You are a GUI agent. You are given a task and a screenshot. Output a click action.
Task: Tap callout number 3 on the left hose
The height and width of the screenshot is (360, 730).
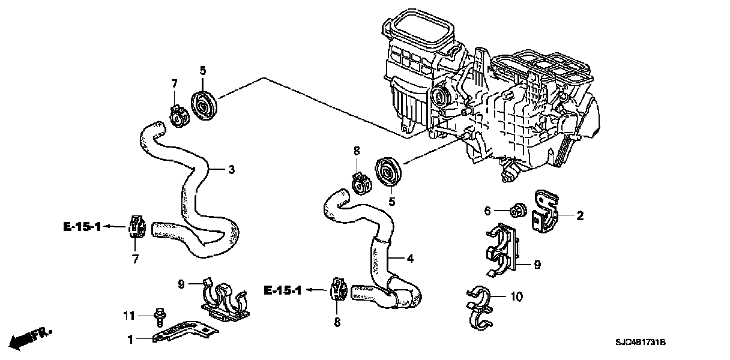tap(231, 170)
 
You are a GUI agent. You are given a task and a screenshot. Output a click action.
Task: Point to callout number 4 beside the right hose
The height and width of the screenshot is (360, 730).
tap(410, 259)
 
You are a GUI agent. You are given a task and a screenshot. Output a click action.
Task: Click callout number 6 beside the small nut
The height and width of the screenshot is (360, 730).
tap(487, 210)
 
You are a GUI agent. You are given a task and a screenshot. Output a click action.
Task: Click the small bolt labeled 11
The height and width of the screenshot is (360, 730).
tap(160, 314)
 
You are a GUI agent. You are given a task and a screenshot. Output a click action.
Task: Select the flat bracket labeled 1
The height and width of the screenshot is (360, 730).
tap(183, 331)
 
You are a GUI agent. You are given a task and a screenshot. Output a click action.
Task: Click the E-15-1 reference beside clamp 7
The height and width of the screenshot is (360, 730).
tap(82, 226)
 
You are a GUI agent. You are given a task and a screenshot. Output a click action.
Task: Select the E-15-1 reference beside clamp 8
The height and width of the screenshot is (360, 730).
tap(282, 291)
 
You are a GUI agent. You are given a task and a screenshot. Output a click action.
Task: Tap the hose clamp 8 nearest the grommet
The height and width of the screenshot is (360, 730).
tap(360, 184)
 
